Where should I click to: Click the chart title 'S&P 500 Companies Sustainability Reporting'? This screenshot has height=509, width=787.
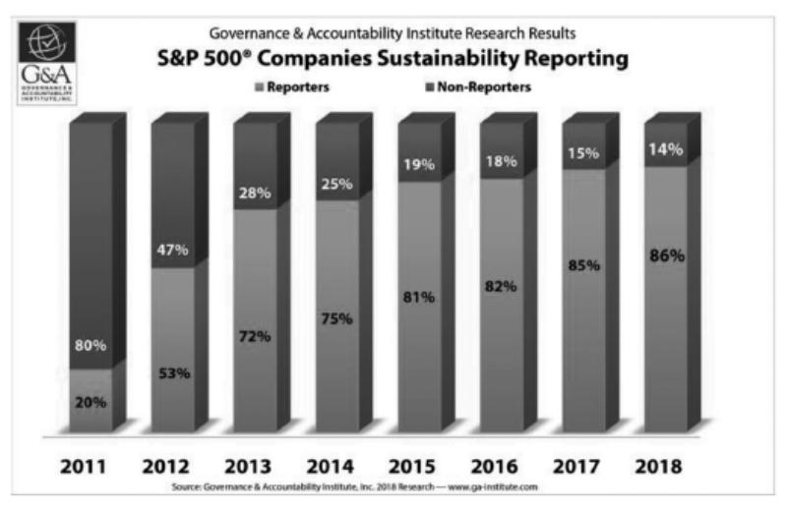(393, 60)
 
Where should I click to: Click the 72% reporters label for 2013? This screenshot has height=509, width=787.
(253, 336)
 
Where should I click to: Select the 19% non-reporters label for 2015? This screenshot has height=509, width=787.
(417, 164)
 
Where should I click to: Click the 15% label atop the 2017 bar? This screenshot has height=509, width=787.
(580, 152)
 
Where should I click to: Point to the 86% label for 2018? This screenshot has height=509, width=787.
(663, 255)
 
